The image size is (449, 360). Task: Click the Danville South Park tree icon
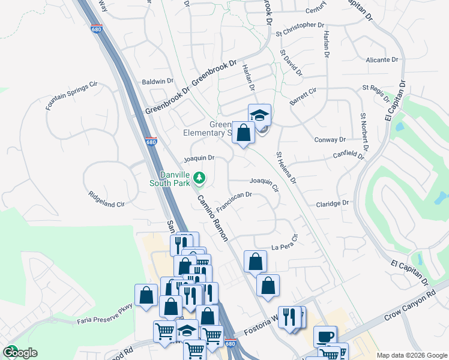tap(199, 178)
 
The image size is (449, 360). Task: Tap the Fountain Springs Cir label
tap(71, 96)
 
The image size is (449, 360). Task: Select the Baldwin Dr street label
tap(157, 81)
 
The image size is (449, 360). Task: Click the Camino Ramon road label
tap(212, 218)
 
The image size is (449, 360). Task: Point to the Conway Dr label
tap(330, 139)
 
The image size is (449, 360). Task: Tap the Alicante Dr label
tap(382, 60)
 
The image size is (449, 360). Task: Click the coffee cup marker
tap(325, 337)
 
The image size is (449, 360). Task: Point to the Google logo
tap(20, 352)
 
